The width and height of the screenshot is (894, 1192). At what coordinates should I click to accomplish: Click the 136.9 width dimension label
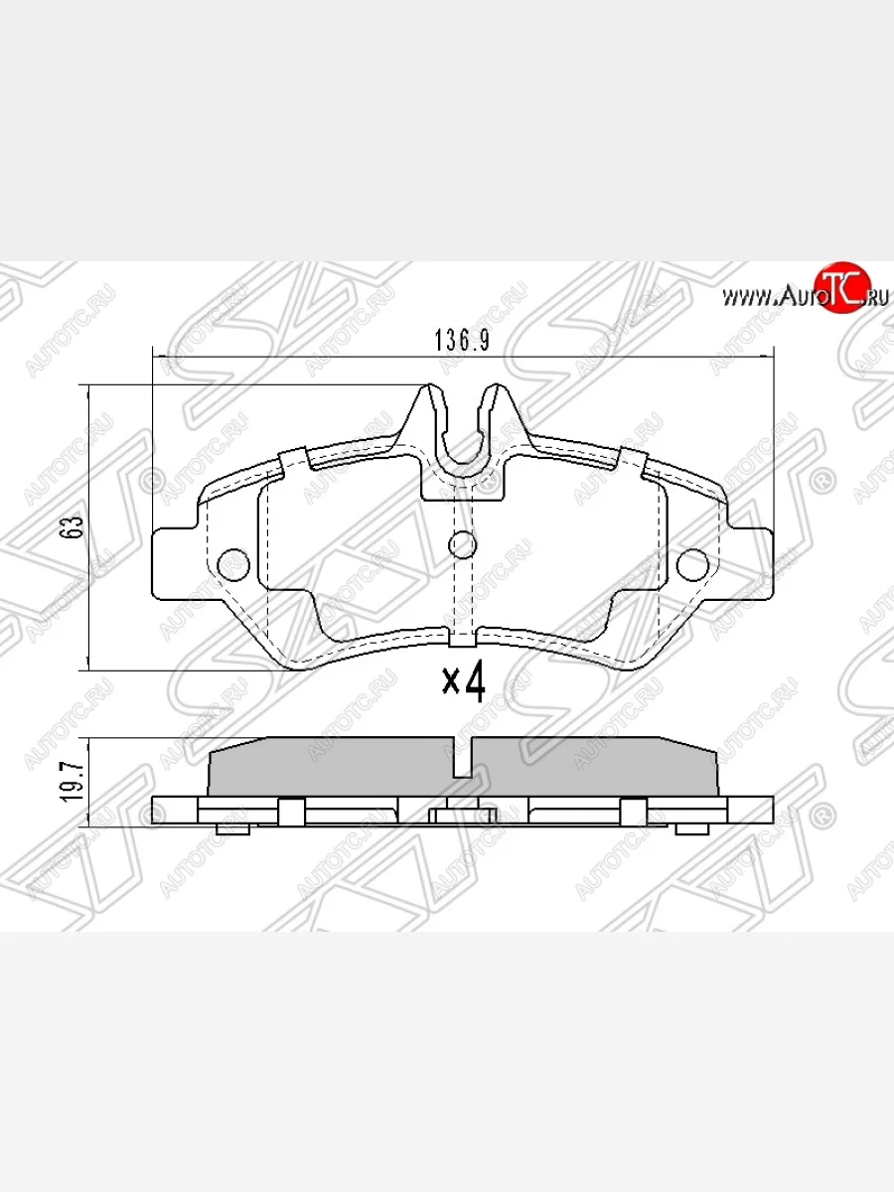tap(462, 340)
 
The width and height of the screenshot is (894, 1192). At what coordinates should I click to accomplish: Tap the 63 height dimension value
tap(71, 527)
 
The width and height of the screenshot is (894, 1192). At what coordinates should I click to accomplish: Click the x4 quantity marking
tap(463, 681)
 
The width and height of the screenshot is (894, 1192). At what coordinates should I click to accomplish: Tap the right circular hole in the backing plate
tap(692, 562)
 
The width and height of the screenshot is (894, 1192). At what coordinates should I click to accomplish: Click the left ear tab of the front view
tap(175, 562)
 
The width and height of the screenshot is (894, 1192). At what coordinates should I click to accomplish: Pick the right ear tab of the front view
tap(749, 562)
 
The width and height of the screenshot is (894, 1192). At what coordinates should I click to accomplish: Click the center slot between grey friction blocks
tap(462, 759)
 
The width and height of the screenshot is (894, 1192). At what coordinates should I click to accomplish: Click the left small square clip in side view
tap(289, 812)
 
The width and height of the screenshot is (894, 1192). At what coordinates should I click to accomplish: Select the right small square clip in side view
tap(633, 812)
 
